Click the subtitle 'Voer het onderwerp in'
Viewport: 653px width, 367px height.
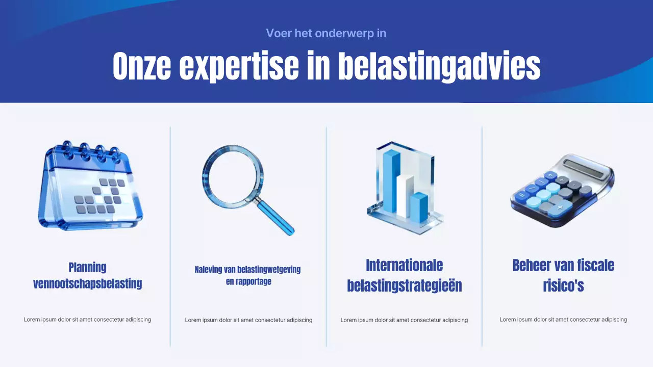pyautogui.click(x=326, y=34)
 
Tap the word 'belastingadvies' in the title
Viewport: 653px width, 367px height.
pyautogui.click(x=439, y=66)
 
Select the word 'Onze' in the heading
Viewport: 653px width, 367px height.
pyautogui.click(x=141, y=66)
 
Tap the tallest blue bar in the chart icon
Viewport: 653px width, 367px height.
pyautogui.click(x=391, y=181)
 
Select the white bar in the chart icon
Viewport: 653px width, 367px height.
pyautogui.click(x=405, y=196)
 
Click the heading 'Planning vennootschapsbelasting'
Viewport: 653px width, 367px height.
pyautogui.click(x=87, y=275)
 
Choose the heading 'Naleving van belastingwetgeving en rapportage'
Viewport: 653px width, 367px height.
pyautogui.click(x=248, y=275)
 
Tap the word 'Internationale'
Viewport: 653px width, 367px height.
pyautogui.click(x=404, y=266)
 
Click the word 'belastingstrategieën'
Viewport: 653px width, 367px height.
pyautogui.click(x=404, y=286)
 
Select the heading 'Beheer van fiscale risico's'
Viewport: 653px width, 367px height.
pyautogui.click(x=563, y=275)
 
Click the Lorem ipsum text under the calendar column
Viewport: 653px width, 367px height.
pyautogui.click(x=87, y=320)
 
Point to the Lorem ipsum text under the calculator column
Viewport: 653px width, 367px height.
pyautogui.click(x=563, y=320)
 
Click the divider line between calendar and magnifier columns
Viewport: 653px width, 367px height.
pyautogui.click(x=170, y=234)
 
